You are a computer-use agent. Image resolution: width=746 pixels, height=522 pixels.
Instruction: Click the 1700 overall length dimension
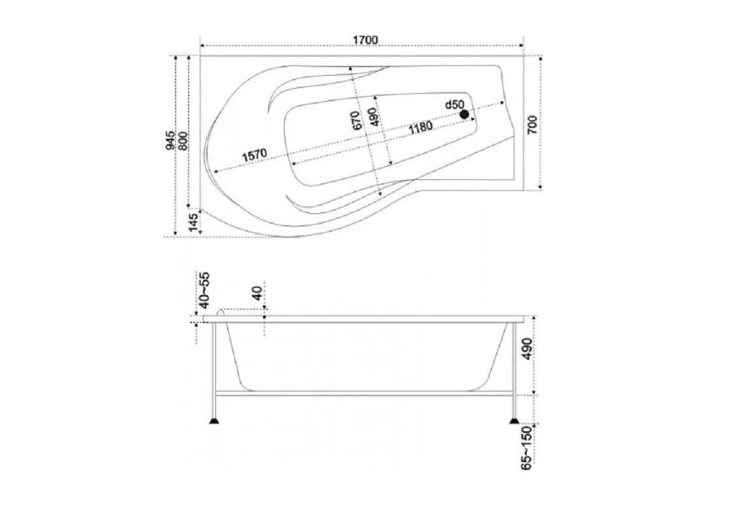pyautogui.click(x=365, y=40)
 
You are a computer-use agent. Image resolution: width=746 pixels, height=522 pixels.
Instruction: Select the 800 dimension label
pyautogui.click(x=183, y=142)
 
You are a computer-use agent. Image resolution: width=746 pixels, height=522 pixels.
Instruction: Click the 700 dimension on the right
pyautogui.click(x=532, y=125)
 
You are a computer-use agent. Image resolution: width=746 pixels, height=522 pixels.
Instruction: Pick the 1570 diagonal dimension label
pyautogui.click(x=255, y=155)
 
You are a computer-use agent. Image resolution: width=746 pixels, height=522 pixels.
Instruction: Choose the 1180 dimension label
pyautogui.click(x=420, y=127)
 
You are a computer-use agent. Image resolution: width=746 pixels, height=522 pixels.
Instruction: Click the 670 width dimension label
pyautogui.click(x=356, y=121)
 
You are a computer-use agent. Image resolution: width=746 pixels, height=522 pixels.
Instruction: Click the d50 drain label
pyautogui.click(x=454, y=104)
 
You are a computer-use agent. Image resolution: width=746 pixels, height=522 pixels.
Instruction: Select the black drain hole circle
pyautogui.click(x=464, y=114)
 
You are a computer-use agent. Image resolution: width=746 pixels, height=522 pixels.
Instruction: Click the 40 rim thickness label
pyautogui.click(x=256, y=294)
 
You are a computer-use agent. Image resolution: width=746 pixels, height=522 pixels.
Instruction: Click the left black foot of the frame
pyautogui.click(x=215, y=421)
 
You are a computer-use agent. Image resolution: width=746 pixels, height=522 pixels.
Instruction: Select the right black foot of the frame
pyautogui.click(x=514, y=421)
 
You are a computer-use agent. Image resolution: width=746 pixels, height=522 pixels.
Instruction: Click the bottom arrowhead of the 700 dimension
pyautogui.click(x=541, y=187)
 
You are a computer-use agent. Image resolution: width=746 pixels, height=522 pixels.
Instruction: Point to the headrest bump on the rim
pyautogui.click(x=221, y=313)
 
